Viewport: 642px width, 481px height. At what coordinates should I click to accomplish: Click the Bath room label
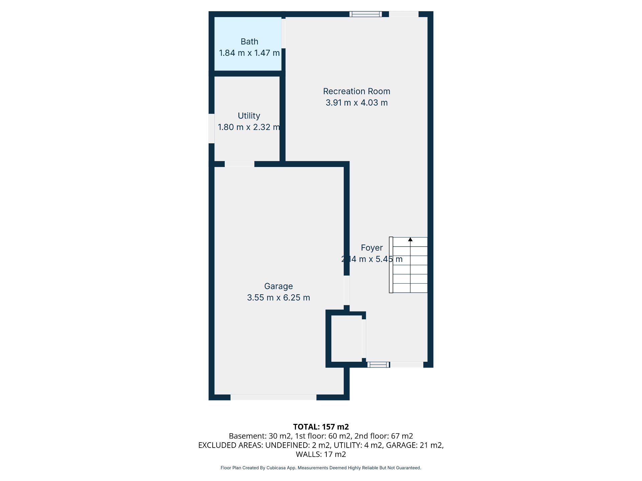pyautogui.click(x=249, y=42)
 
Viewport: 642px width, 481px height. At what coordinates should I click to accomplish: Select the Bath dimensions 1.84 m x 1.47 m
pyautogui.click(x=249, y=53)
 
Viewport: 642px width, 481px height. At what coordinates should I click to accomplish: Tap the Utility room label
pyautogui.click(x=249, y=116)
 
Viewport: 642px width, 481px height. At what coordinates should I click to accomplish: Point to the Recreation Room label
pyautogui.click(x=356, y=92)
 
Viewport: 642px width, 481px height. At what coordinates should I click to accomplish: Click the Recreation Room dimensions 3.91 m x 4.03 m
pyautogui.click(x=356, y=103)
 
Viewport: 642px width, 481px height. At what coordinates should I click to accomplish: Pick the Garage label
pyautogui.click(x=279, y=287)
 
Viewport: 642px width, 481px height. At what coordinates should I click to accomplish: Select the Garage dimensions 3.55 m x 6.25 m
pyautogui.click(x=279, y=298)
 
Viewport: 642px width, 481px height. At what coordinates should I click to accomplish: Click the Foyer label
pyautogui.click(x=372, y=248)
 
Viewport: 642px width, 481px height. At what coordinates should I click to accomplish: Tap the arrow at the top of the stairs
pyautogui.click(x=410, y=239)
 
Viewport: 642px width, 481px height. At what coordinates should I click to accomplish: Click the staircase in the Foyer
pyautogui.click(x=408, y=265)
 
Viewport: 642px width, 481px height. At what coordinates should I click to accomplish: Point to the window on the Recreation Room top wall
pyautogui.click(x=365, y=14)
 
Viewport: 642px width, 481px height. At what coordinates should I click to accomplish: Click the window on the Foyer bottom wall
pyautogui.click(x=378, y=365)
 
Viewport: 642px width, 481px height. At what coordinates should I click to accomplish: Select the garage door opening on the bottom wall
pyautogui.click(x=274, y=397)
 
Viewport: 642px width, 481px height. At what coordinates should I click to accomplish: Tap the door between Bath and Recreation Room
pyautogui.click(x=284, y=33)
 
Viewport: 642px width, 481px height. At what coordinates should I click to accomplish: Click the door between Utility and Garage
pyautogui.click(x=239, y=164)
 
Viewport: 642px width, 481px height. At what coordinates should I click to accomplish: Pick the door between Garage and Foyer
pyautogui.click(x=347, y=290)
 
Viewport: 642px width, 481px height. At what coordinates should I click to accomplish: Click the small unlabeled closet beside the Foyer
pyautogui.click(x=346, y=339)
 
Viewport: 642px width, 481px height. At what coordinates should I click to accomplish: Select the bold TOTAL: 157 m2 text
pyautogui.click(x=321, y=427)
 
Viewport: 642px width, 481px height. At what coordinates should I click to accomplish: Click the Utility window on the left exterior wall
pyautogui.click(x=211, y=129)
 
